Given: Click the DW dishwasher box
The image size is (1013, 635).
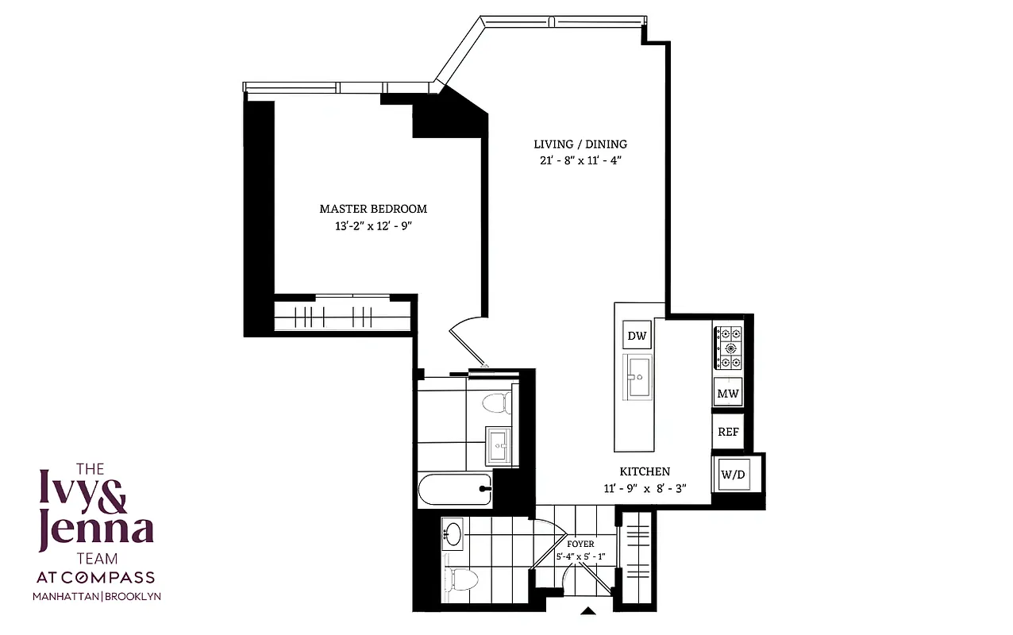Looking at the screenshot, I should point(637,336).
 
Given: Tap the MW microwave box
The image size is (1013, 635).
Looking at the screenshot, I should point(728,393).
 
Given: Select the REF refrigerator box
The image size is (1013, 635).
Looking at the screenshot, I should point(728,433).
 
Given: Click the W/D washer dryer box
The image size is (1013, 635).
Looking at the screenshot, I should point(733,475).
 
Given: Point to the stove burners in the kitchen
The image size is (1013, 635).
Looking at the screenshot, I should point(728,348).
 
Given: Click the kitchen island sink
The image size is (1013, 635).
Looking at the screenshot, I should point(637,379).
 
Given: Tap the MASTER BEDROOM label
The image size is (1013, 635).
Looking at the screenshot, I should point(373,209).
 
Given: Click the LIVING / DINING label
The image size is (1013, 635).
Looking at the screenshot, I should point(580,144).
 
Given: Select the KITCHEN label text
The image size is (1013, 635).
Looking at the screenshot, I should point(645,471).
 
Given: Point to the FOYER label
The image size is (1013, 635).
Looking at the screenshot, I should point(581,545).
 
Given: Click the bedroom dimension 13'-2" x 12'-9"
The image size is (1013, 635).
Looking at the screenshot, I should point(373,226).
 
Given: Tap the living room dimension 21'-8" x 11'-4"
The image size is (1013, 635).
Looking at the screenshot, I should point(580,161).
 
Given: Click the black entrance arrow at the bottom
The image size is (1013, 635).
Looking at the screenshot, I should point(588,611).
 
